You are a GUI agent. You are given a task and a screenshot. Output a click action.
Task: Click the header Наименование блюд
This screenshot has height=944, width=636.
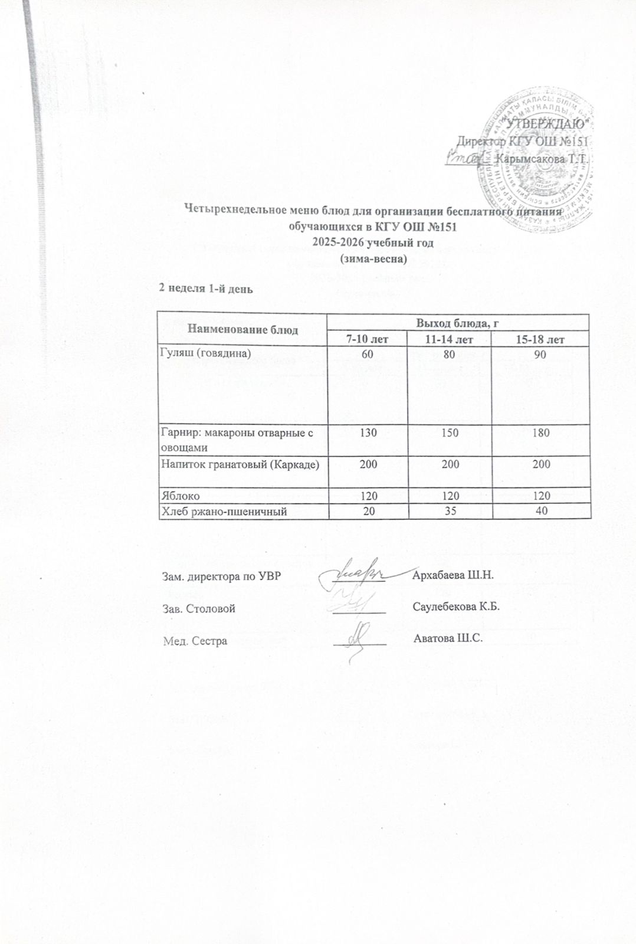(242, 330)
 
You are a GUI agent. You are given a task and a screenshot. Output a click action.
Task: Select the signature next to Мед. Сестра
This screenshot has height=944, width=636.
(358, 637)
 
